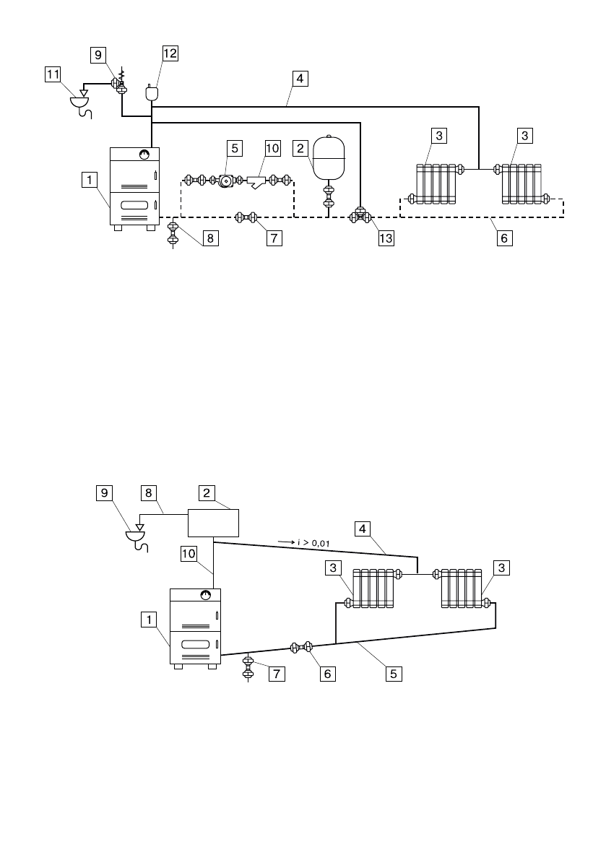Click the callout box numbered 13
[386, 238]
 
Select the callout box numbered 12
[170, 53]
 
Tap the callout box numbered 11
[53, 74]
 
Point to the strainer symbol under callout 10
[256, 181]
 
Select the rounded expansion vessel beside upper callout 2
[329, 157]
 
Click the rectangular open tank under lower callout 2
[213, 524]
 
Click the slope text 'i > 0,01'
[313, 543]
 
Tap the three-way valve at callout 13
[360, 216]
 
